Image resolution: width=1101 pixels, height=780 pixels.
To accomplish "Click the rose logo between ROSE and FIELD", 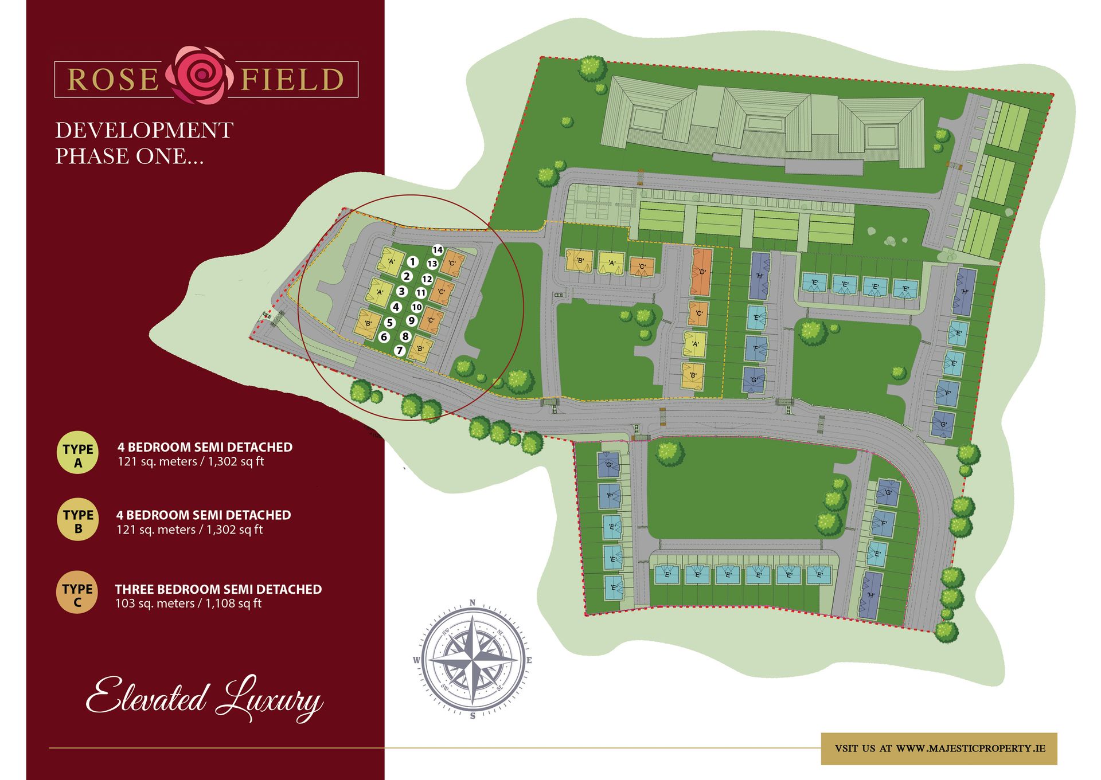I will point(200,76).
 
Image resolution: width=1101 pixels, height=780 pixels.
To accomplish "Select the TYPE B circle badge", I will point(78,521).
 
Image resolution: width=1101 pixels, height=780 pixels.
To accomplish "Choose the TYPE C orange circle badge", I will point(77,594).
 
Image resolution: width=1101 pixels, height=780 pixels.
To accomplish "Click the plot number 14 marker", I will point(438,250).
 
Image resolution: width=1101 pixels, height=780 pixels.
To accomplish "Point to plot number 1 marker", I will point(412,262).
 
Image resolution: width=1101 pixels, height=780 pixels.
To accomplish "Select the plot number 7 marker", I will point(400,350).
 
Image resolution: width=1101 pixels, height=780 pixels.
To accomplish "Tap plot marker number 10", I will point(417,307).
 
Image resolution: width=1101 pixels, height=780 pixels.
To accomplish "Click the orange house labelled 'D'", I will point(702,272).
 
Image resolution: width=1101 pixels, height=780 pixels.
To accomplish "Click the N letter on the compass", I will point(473,602).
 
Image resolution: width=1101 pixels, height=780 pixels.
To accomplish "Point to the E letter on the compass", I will point(529,660).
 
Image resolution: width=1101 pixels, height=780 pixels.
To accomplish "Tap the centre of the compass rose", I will point(473,660).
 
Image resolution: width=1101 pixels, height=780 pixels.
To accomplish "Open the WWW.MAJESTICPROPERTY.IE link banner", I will point(939,748).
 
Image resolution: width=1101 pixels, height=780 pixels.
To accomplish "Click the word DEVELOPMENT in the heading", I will point(144,131).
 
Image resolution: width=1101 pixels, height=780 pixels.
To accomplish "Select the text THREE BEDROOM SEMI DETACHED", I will point(218,589).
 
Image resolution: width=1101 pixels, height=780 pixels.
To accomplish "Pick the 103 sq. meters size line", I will point(188,603).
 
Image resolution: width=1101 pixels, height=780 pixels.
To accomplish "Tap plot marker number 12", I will point(427,279).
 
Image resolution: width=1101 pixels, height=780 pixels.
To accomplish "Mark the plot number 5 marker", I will point(390,323).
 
